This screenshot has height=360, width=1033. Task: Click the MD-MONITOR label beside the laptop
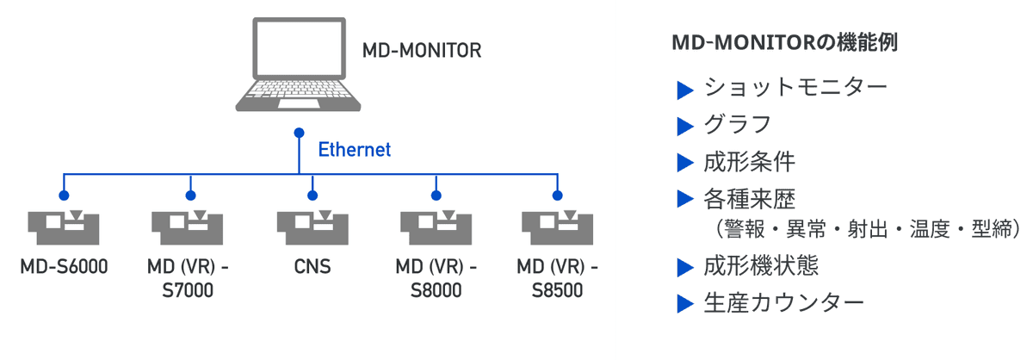tap(421, 50)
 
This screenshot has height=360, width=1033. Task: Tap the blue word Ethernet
tap(355, 150)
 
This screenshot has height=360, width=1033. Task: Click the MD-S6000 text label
tap(64, 266)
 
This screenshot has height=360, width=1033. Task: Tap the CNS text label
tap(311, 266)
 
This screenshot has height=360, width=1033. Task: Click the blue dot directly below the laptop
tap(299, 133)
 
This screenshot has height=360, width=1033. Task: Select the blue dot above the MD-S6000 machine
tap(64, 196)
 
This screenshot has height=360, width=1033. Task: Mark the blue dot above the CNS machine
tap(311, 196)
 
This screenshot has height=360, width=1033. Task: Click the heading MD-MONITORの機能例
tap(783, 44)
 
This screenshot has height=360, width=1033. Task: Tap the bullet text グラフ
tap(737, 125)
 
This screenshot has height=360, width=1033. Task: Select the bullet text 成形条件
tap(749, 162)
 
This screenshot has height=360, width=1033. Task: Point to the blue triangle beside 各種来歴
tap(685, 199)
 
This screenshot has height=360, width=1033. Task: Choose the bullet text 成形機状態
tap(760, 266)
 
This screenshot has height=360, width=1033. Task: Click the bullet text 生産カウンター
tap(782, 303)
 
